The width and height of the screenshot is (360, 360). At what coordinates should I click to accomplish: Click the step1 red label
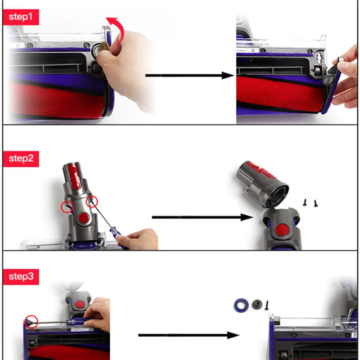pyautogui.click(x=21, y=17)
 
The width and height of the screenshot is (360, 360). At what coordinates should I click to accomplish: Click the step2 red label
pyautogui.click(x=21, y=158)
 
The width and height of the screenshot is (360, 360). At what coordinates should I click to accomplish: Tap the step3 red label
pyautogui.click(x=21, y=276)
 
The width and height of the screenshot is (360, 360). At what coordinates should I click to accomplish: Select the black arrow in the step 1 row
pyautogui.click(x=189, y=75)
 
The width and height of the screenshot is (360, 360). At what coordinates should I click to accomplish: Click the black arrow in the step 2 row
pyautogui.click(x=202, y=217)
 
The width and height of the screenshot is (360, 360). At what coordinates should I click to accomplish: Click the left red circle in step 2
pyautogui.click(x=67, y=207)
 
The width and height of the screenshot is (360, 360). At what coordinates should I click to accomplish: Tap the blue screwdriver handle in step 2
pyautogui.click(x=116, y=235)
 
